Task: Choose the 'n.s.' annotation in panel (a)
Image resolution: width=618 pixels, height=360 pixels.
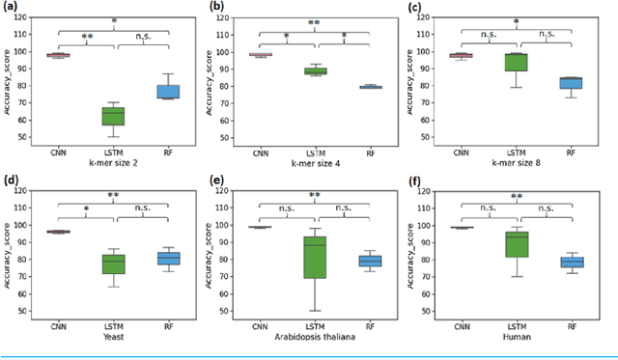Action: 143,37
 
